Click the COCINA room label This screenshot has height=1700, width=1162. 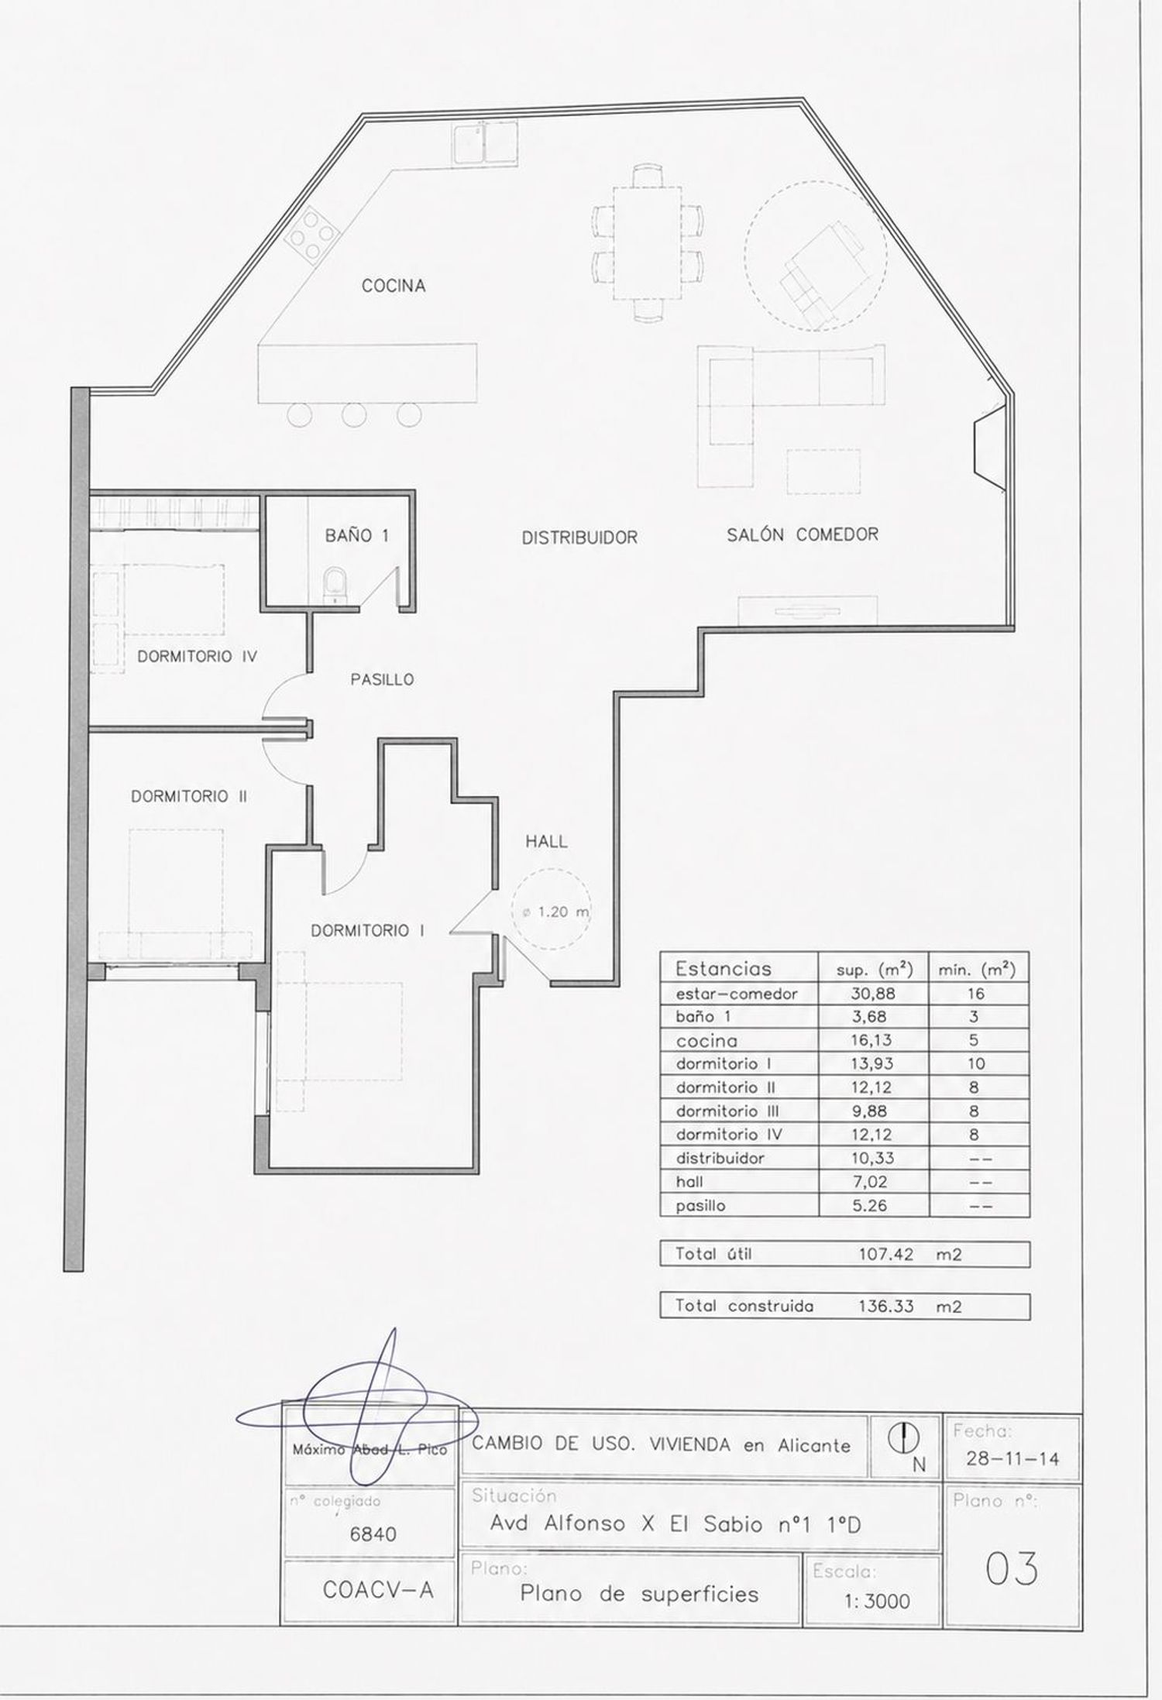pos(394,286)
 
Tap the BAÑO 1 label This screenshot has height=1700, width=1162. pos(356,535)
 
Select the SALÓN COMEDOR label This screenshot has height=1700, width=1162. pos(803,534)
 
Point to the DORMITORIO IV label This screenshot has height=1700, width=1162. pos(197,656)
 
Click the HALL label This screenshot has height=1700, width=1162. pos(547,841)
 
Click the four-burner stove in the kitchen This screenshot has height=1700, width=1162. pos(313,233)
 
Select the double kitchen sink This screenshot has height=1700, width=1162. pos(485,142)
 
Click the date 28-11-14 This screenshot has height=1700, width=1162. pos(1012,1459)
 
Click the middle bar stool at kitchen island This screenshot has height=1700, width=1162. pos(354,415)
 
